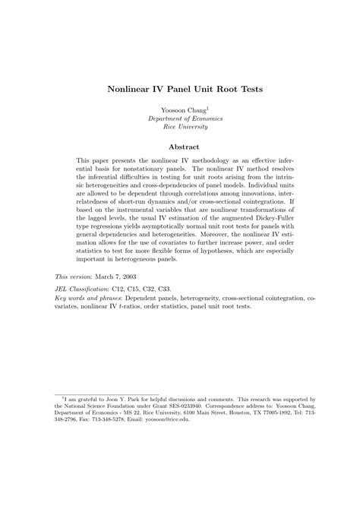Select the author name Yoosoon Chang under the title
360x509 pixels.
click(179, 111)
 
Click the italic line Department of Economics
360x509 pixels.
click(180, 120)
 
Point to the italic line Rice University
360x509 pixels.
click(180, 129)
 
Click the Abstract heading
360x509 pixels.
click(180, 147)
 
